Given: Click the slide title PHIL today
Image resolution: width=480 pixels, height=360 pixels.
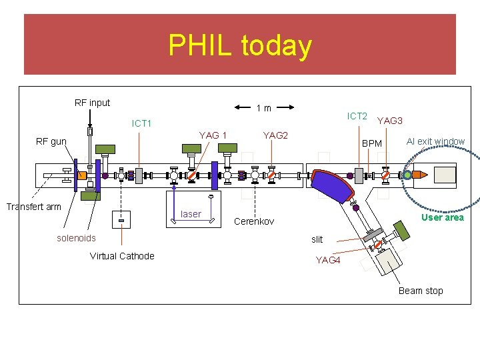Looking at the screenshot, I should pyautogui.click(x=240, y=45).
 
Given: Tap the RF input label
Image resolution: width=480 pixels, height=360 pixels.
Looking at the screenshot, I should pyautogui.click(x=92, y=103).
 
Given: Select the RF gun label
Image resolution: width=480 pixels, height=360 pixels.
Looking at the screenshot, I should pyautogui.click(x=51, y=141).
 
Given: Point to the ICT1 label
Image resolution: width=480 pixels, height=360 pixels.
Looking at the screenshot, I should pyautogui.click(x=141, y=123).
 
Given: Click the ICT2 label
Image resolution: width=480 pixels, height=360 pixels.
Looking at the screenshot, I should pyautogui.click(x=357, y=116).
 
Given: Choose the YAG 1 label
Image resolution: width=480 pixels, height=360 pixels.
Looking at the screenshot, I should pyautogui.click(x=213, y=135).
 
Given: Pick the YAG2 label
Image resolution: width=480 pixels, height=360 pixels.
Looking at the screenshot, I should pyautogui.click(x=275, y=135).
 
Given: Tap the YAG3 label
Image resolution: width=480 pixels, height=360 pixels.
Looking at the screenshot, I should pyautogui.click(x=390, y=121).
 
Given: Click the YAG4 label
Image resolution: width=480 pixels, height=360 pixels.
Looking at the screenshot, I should pyautogui.click(x=328, y=260).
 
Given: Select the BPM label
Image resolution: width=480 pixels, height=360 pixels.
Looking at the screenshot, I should pyautogui.click(x=372, y=143).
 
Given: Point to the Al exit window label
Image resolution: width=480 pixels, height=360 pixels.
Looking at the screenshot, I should pyautogui.click(x=435, y=141).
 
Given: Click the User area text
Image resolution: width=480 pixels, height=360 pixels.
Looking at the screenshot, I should pyautogui.click(x=442, y=217).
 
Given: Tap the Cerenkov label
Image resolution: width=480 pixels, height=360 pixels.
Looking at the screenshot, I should pyautogui.click(x=254, y=221).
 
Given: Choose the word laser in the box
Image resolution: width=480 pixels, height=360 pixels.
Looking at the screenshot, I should pyautogui.click(x=191, y=214).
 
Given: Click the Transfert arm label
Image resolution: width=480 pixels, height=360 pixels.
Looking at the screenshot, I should pyautogui.click(x=33, y=207).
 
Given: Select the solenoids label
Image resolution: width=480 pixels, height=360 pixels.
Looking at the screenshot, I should pyautogui.click(x=76, y=238).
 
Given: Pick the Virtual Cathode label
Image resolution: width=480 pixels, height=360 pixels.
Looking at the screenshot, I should pyautogui.click(x=122, y=256).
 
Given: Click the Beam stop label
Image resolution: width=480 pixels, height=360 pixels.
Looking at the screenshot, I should pyautogui.click(x=421, y=291).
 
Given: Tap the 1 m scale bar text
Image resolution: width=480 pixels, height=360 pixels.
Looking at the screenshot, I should pyautogui.click(x=264, y=108).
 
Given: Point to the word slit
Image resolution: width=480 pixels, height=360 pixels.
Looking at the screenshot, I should pyautogui.click(x=317, y=239).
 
